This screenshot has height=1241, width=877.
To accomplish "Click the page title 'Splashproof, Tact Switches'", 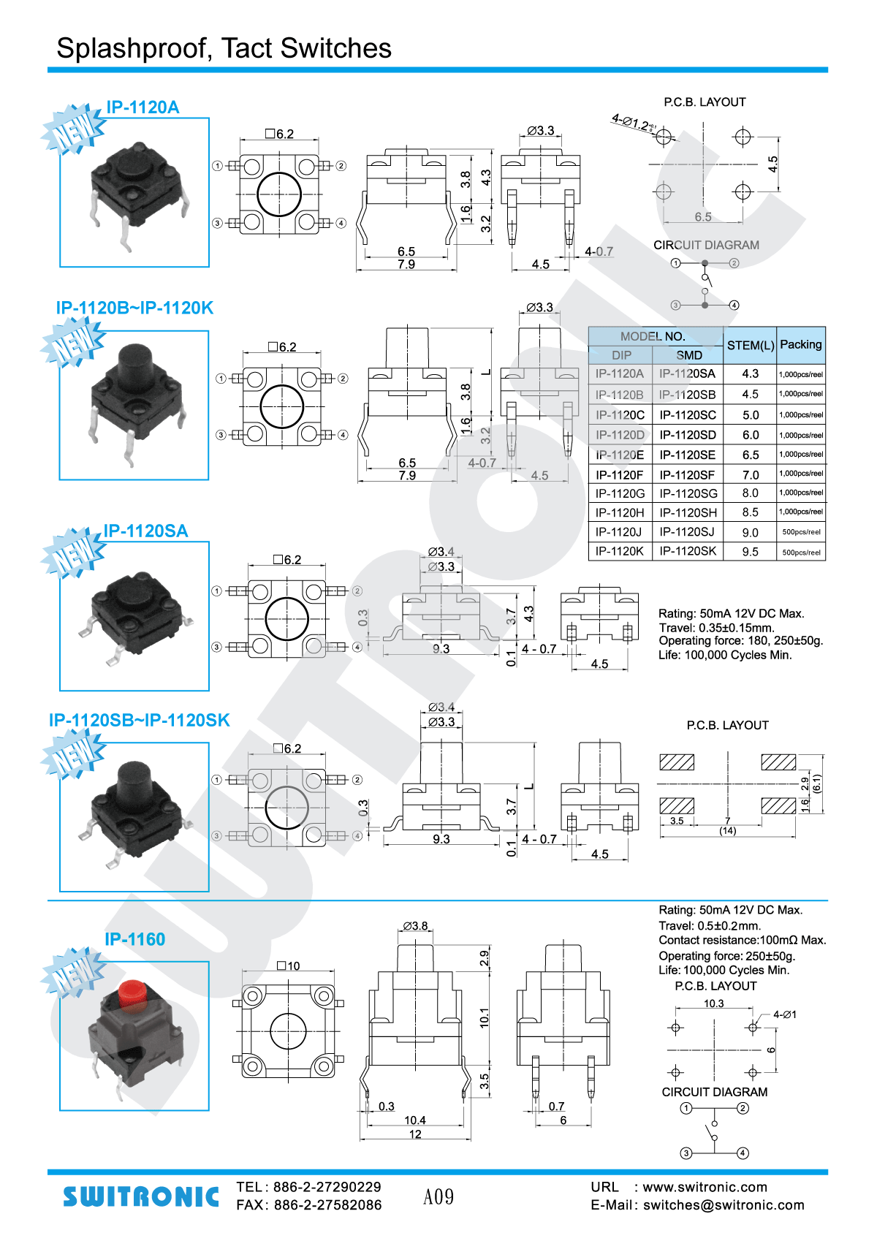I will tap(224, 48).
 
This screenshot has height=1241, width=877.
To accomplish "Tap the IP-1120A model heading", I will tap(143, 107).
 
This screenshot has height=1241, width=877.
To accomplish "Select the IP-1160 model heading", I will tap(135, 939).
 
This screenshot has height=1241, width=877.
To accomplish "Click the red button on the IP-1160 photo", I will tap(132, 993).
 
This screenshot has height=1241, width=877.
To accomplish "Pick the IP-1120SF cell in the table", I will tap(688, 474).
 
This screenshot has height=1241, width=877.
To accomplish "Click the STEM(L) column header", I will tap(750, 345).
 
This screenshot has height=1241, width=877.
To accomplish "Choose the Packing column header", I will tap(801, 344).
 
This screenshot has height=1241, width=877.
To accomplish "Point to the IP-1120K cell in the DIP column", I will tap(620, 551).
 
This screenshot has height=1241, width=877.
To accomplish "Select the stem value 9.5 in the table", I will tap(750, 552).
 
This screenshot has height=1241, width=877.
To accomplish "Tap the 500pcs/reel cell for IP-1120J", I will tap(801, 532).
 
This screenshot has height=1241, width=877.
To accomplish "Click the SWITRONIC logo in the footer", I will tap(141, 1196).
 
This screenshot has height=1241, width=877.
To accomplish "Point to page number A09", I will tap(438, 1196).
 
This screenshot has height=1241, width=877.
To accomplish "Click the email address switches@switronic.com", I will tap(724, 1205).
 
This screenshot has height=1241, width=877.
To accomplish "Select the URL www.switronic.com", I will tap(705, 1187).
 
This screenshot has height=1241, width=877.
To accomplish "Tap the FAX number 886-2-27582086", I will tap(327, 1205).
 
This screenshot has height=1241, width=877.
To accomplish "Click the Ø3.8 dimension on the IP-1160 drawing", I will tap(415, 925).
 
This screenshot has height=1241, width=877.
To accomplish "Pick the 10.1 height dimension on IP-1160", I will tap(484, 1017).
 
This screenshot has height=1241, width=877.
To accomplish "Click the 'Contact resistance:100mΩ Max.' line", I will tap(742, 940).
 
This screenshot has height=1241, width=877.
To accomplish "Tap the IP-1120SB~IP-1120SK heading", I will tap(140, 720).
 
